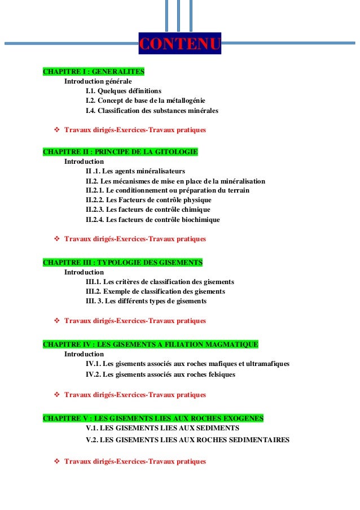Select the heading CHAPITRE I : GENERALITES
pyautogui.click(x=94, y=72)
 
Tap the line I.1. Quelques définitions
pyautogui.click(x=123, y=91)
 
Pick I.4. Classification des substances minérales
pyautogui.click(x=151, y=110)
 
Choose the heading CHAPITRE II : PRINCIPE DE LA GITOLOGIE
pyautogui.click(x=120, y=152)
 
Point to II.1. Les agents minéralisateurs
pyautogui.click(x=135, y=171)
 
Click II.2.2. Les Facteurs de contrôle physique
pyautogui.click(x=148, y=200)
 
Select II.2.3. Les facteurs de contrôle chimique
pyautogui.click(x=148, y=210)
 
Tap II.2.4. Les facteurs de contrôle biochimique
pyautogui.click(x=152, y=219)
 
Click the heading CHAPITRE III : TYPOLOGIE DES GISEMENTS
pyautogui.click(x=122, y=263)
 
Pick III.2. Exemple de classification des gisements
pyautogui.click(x=155, y=291)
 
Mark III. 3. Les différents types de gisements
pyautogui.click(x=146, y=301)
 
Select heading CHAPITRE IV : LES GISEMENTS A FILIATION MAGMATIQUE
pyautogui.click(x=151, y=344)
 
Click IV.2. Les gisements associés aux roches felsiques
pyautogui.click(x=160, y=374)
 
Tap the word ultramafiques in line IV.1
pyautogui.click(x=268, y=364)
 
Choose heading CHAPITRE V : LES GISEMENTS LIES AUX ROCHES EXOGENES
pyautogui.click(x=153, y=418)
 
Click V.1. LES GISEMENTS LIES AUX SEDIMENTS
pyautogui.click(x=162, y=428)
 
